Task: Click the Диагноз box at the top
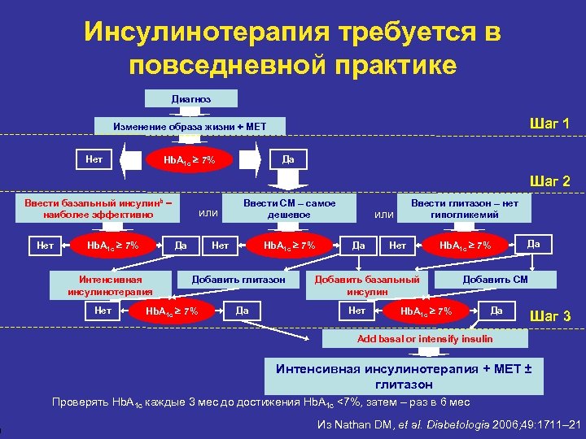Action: tap(190, 98)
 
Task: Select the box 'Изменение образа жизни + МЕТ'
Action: tap(189, 127)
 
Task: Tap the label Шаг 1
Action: tap(549, 124)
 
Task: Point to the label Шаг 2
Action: tap(549, 181)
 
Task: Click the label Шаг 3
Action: tap(550, 315)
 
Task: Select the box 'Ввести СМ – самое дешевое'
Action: tap(289, 208)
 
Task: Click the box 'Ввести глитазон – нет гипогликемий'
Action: tap(465, 208)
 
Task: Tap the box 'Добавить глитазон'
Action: tap(238, 280)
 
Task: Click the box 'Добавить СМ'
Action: tap(496, 280)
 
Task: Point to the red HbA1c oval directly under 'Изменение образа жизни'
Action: tap(190, 159)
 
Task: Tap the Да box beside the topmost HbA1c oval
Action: tap(288, 158)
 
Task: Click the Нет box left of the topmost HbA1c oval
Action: tap(94, 158)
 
